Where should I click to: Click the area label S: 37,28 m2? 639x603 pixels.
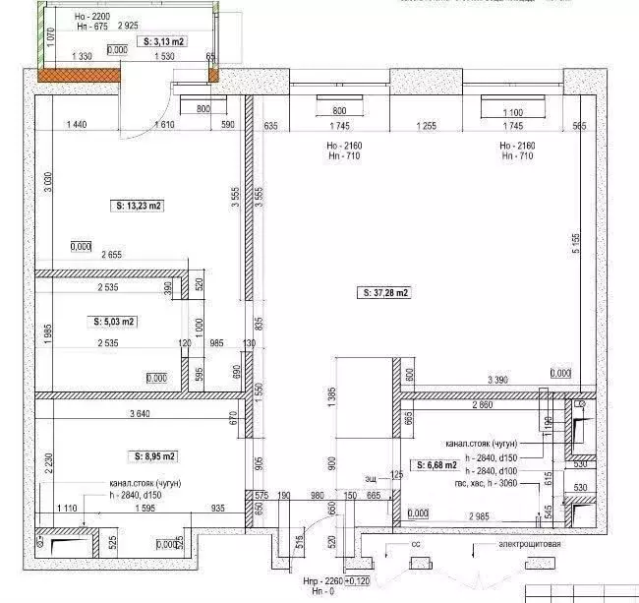tap(384, 292)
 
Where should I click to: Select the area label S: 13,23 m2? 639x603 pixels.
tap(138, 206)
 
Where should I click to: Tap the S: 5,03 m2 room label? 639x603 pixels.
tap(115, 321)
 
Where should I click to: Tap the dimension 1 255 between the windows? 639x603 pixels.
tap(426, 126)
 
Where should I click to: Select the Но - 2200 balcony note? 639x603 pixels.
tap(93, 18)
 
